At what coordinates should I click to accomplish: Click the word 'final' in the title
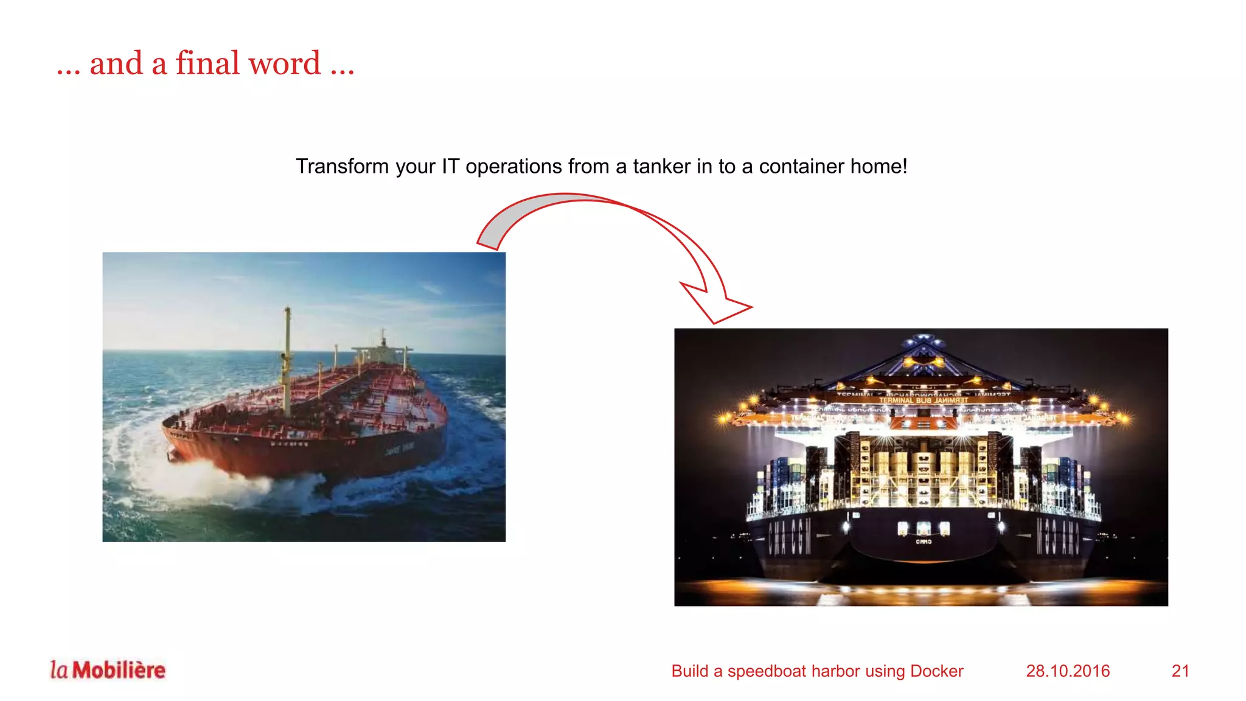coord(207,63)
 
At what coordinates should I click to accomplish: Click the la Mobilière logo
coord(108,670)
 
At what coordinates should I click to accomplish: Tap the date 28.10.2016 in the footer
coord(1068,671)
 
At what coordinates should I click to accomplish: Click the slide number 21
coord(1180,671)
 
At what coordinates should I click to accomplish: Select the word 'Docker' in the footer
coord(936,671)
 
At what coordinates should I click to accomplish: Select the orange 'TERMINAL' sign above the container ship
coord(923,400)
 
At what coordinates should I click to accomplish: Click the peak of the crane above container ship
coord(923,338)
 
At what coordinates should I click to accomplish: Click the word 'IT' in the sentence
coord(450,166)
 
